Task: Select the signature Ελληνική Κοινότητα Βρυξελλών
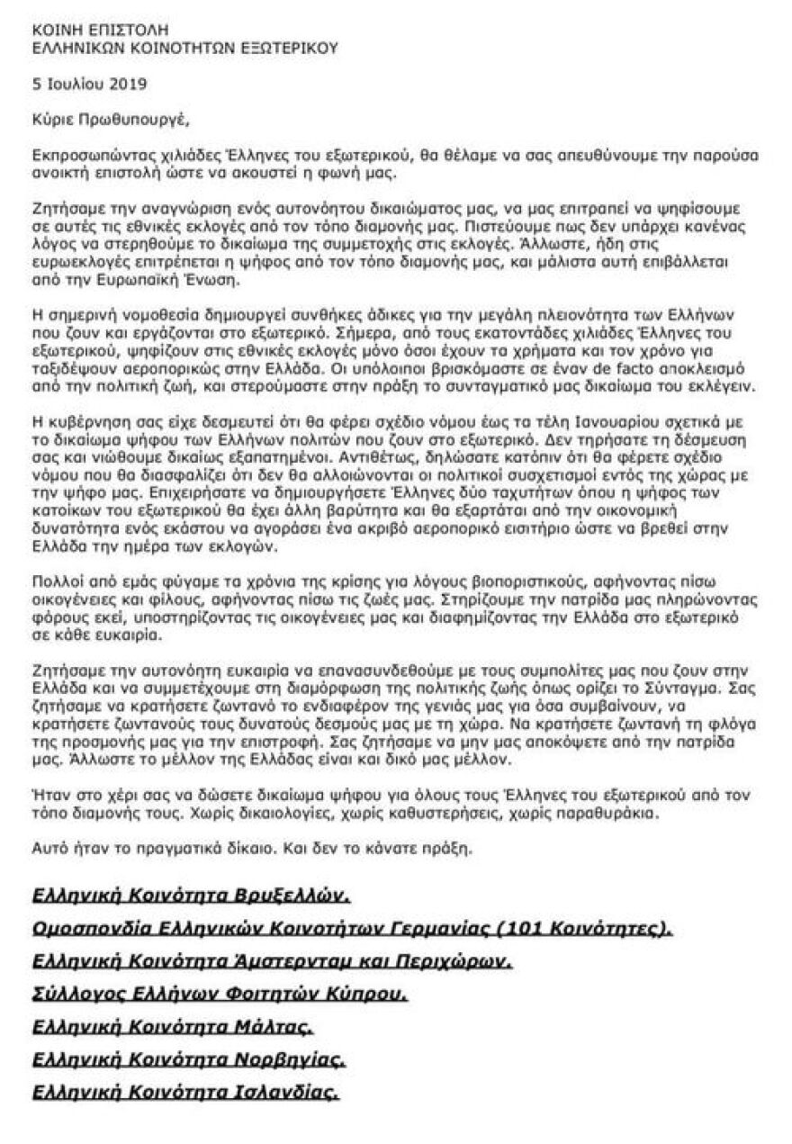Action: coord(190,896)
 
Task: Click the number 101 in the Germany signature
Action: coord(519,928)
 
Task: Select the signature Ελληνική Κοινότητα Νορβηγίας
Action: coord(188,1059)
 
